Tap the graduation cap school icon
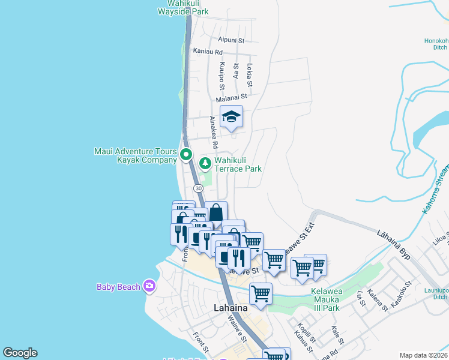231,117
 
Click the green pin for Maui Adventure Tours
186,154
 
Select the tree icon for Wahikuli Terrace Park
205,163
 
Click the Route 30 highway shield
197,188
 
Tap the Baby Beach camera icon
149,287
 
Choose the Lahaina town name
231,308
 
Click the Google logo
20,353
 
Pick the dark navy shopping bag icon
216,212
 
